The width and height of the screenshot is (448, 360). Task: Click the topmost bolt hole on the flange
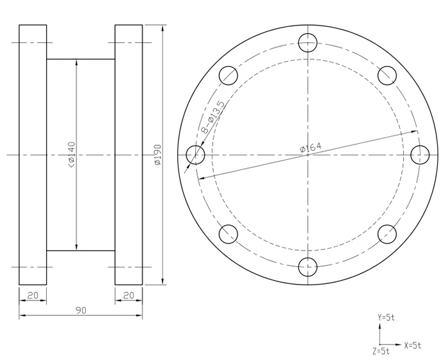[x=308, y=43]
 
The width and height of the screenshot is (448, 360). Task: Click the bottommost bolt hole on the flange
[x=308, y=266]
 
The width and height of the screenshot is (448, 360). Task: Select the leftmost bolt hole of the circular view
[x=195, y=155]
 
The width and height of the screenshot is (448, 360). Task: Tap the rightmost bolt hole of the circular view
[x=420, y=155]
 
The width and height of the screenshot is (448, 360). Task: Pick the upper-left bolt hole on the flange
[x=228, y=75]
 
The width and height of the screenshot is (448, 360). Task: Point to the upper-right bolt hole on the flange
[x=387, y=75]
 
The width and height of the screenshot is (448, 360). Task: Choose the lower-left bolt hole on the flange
[x=228, y=234]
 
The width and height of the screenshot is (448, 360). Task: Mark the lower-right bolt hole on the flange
[x=387, y=234]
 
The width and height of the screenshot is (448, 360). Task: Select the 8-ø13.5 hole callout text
[x=212, y=118]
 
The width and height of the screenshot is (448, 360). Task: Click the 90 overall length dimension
[x=81, y=310]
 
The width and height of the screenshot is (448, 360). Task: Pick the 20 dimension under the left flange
[x=33, y=295]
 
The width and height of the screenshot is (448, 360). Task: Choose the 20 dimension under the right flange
[x=129, y=295]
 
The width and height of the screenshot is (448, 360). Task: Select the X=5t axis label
[x=413, y=345]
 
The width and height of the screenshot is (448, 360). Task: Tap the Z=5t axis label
[x=381, y=351]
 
